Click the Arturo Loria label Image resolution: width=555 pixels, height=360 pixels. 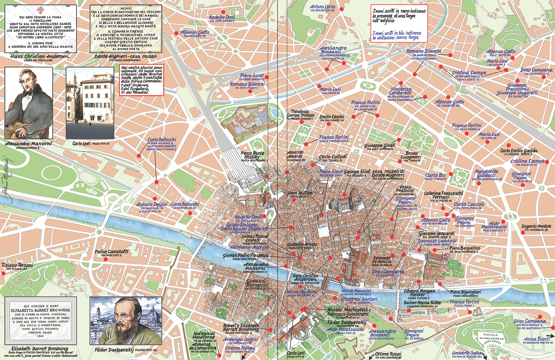click(322, 7)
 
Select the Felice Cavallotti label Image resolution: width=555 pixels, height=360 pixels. click(111, 252)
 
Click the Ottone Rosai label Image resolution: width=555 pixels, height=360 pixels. click(388, 354)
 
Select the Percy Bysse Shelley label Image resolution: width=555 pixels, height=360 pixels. click(253, 155)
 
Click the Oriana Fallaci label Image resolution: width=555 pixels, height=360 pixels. click(240, 348)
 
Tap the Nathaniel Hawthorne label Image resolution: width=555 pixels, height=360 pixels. click(204, 335)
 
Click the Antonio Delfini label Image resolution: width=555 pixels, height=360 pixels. click(152, 204)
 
